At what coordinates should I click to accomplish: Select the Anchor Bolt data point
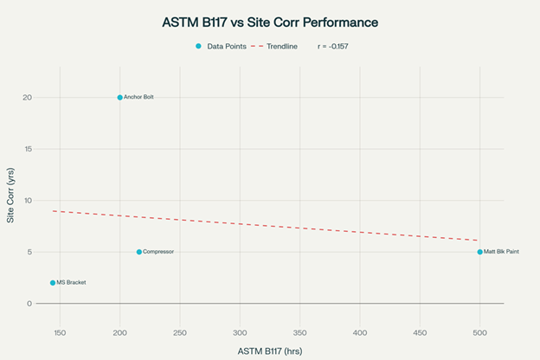tap(119, 98)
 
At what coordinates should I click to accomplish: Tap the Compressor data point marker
tap(138, 252)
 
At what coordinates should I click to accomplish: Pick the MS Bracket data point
tap(53, 283)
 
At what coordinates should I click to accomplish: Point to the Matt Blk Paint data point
tap(479, 252)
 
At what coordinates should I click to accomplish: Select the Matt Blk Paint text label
tap(501, 252)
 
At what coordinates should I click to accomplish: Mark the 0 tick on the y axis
tap(29, 304)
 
